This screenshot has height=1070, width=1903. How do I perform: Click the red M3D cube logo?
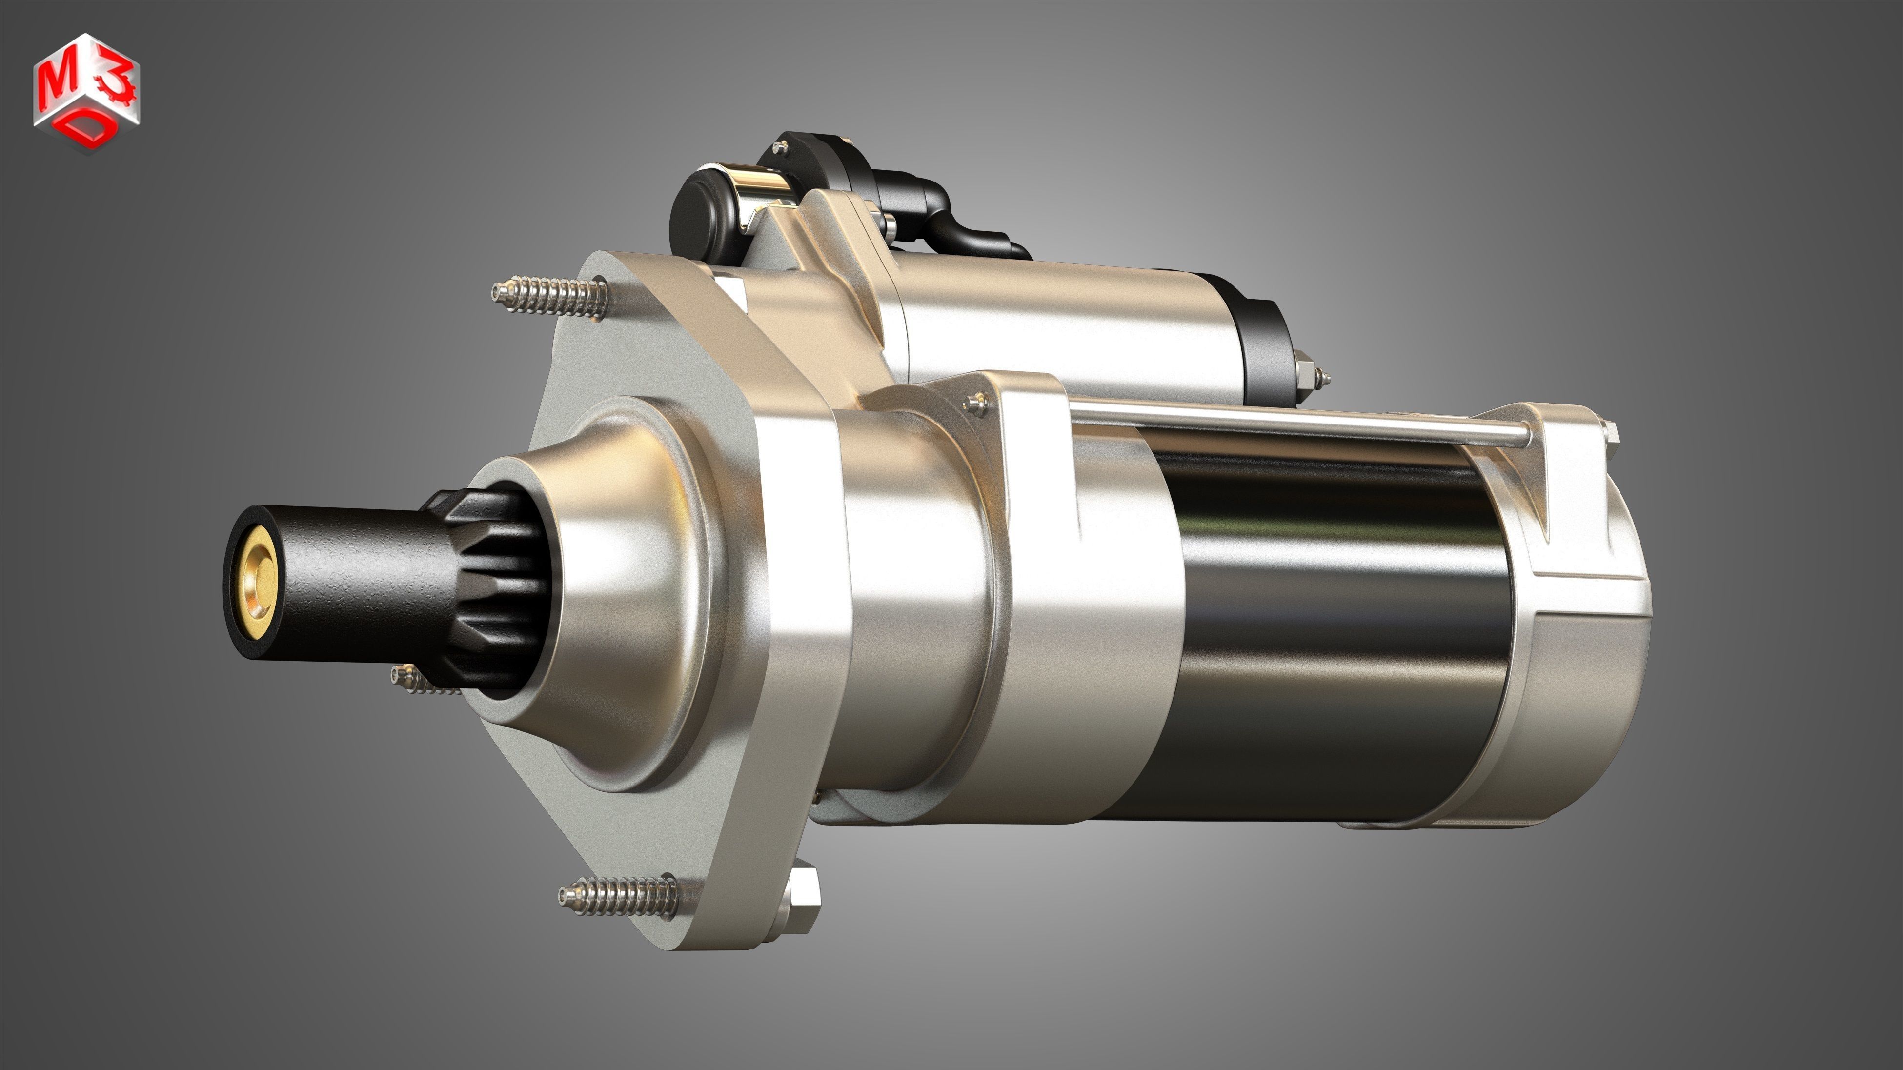tap(86, 92)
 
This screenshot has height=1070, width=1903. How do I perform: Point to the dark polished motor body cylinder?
tap(1330, 627)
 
